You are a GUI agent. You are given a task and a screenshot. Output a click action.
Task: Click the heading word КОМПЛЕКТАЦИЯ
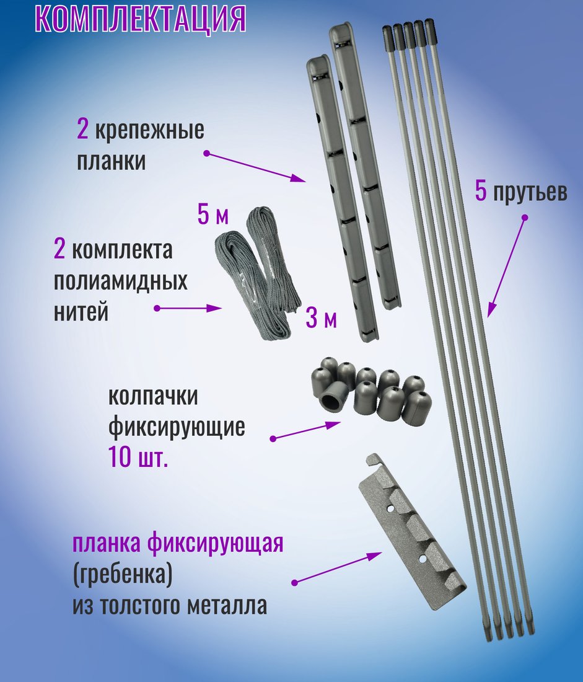141,17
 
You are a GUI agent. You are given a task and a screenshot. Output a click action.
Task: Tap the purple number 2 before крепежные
82,129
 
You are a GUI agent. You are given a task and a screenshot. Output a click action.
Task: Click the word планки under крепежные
112,161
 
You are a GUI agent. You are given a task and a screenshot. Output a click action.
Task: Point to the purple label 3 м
322,318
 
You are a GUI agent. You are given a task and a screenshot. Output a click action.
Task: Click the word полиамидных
120,281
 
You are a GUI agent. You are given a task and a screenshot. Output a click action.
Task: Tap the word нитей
81,312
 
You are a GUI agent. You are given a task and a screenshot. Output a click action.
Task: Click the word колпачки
153,396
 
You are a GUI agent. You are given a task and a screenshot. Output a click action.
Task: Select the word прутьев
530,192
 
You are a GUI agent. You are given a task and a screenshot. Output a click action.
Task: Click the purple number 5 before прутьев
480,191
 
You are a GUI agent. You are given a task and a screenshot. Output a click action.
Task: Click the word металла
227,606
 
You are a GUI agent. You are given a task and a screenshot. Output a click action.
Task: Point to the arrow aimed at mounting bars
256,167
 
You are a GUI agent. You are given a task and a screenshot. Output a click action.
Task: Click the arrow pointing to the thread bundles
188,308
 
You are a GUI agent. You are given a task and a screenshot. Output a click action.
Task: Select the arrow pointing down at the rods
506,266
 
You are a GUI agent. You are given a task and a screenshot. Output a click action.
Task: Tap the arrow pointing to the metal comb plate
336,567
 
